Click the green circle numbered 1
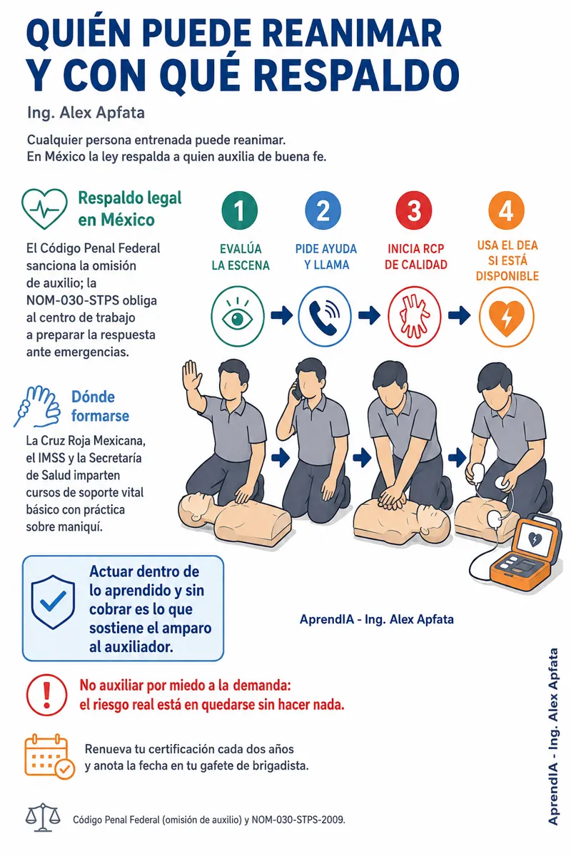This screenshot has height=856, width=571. [239, 210]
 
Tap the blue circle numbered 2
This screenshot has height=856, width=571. [323, 210]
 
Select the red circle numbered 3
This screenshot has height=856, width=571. [414, 210]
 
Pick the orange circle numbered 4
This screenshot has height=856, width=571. [506, 210]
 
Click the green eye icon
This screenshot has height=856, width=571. [238, 316]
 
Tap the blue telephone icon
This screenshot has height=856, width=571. [324, 316]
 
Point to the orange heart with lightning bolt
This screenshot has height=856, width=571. [506, 317]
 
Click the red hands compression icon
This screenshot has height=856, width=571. [415, 316]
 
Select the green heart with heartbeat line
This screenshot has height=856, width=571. [45, 208]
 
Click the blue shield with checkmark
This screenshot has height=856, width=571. [53, 602]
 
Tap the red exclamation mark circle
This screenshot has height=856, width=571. [46, 695]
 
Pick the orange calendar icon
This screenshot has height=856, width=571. [49, 757]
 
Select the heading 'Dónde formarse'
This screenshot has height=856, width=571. [100, 406]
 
